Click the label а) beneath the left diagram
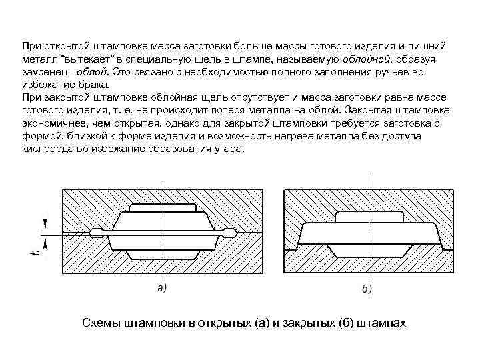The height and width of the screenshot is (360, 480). [x=161, y=288]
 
